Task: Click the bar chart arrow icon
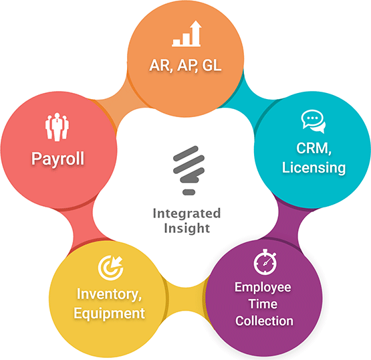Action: [187, 33]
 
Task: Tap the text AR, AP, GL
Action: [185, 65]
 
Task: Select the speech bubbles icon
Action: [314, 121]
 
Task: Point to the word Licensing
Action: [314, 168]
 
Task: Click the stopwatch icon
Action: [265, 262]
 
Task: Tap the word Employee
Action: [263, 288]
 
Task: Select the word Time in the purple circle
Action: [263, 304]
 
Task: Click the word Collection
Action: [264, 321]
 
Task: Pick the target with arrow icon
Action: [110, 268]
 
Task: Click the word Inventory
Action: [109, 294]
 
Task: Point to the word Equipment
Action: [109, 314]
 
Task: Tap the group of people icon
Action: [57, 126]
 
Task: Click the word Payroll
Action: [57, 159]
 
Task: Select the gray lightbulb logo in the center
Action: [189, 170]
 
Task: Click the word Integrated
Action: [187, 213]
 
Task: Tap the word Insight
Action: [187, 228]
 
